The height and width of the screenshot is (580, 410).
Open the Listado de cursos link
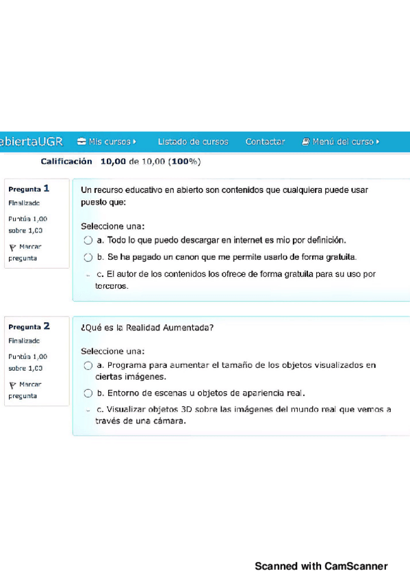(x=193, y=142)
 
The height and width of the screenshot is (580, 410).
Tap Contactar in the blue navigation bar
(x=265, y=142)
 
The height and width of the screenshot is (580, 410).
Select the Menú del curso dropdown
(x=340, y=142)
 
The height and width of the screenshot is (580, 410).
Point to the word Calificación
(x=66, y=161)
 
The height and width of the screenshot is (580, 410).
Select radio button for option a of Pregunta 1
(x=88, y=241)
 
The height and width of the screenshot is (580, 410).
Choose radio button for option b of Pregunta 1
(x=88, y=258)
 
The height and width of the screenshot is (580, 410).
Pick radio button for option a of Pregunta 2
(x=88, y=365)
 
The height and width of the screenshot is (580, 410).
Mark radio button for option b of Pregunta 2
(x=88, y=393)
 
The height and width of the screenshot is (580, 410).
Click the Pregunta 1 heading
(x=29, y=188)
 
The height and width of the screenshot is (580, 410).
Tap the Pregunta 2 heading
(x=29, y=326)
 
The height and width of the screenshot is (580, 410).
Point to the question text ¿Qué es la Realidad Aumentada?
(x=147, y=328)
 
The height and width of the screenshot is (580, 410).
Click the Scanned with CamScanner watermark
(x=321, y=566)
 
